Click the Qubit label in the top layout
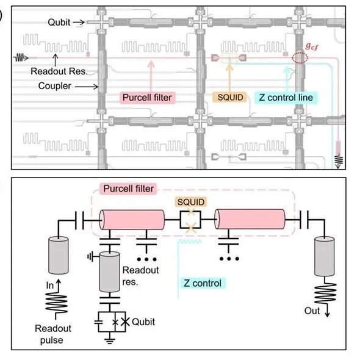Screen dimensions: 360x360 tap(59, 23)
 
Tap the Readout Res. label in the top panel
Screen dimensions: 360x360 tap(59, 71)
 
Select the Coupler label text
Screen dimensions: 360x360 tap(55, 86)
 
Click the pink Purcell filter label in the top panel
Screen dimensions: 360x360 tap(147, 98)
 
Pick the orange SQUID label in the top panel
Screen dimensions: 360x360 tap(230, 98)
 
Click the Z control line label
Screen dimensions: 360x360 tap(286, 98)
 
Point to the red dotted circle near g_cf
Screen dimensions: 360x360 tap(300, 57)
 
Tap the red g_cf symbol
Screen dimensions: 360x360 tap(312, 46)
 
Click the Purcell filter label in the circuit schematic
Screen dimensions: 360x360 tap(128, 189)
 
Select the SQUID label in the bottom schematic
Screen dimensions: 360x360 tap(191, 202)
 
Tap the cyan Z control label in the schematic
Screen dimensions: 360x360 tap(202, 283)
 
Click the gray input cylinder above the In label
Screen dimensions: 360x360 tap(59, 256)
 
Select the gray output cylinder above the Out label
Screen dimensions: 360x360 tap(325, 256)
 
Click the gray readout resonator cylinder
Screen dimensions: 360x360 tap(109, 272)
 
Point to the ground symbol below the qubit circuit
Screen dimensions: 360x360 tap(110, 340)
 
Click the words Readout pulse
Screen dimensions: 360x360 tap(53, 334)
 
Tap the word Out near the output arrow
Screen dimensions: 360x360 tap(312, 311)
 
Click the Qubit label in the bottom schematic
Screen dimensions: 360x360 tap(143, 322)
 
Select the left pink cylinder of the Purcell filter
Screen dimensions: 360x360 tap(132, 220)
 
